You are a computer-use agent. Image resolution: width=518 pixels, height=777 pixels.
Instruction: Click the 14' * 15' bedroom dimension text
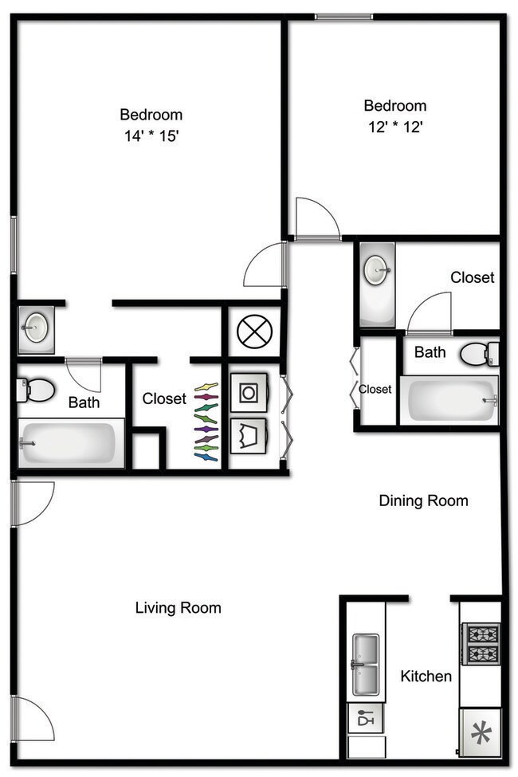(151, 136)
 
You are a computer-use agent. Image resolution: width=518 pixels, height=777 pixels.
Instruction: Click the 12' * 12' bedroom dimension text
(394, 127)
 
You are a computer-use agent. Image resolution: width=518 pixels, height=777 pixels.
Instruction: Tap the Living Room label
(178, 608)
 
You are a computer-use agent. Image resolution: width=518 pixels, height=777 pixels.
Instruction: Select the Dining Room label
(423, 500)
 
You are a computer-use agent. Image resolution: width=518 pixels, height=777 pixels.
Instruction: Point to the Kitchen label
(426, 677)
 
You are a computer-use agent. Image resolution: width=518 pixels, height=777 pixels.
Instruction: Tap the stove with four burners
(481, 644)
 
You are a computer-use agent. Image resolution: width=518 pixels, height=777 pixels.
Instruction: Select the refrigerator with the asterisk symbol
(481, 732)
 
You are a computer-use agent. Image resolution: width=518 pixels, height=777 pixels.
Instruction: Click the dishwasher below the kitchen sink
(366, 718)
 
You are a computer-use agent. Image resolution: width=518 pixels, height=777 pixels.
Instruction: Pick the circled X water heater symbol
(255, 331)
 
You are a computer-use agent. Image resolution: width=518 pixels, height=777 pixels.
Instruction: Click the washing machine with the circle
(249, 393)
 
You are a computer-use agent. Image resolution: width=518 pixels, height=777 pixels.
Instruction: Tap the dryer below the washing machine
(249, 435)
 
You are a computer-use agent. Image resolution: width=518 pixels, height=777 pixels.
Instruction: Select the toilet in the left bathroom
(36, 390)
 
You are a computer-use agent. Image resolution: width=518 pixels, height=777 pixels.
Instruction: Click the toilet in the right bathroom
(479, 353)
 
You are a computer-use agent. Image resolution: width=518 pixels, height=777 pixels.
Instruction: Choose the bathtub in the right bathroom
(449, 399)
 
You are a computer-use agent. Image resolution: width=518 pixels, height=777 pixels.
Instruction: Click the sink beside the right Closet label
(376, 272)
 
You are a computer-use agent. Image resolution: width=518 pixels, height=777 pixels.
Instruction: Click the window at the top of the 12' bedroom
(343, 16)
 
